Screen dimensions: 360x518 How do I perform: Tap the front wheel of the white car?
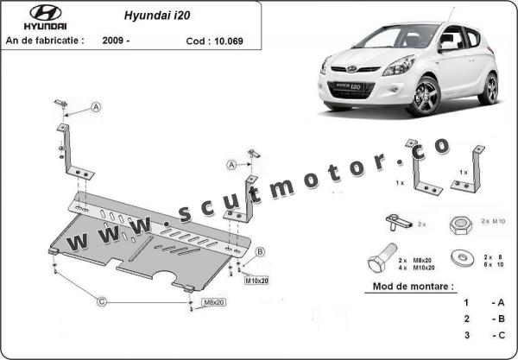(x=425, y=96)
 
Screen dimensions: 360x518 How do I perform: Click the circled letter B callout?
(x=259, y=251)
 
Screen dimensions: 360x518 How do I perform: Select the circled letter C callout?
(x=102, y=301)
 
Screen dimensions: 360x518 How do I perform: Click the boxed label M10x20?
(x=257, y=281)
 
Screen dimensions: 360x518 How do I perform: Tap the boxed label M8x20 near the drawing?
(x=213, y=302)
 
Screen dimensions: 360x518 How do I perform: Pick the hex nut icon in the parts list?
(x=458, y=222)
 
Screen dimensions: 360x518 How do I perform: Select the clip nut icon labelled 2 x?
(x=399, y=221)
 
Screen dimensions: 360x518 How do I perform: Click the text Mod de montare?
(x=413, y=286)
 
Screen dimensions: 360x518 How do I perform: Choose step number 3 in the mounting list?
(x=466, y=334)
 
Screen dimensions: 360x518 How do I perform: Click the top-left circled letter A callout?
(x=96, y=108)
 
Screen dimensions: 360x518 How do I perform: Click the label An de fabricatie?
(x=45, y=41)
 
